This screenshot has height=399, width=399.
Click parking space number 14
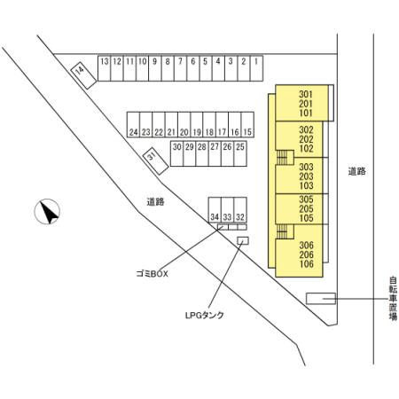point(83,75)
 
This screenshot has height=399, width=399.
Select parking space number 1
point(256,68)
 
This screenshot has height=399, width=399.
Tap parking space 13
point(104,68)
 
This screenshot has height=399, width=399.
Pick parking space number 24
point(133,124)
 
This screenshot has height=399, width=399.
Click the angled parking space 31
point(155,160)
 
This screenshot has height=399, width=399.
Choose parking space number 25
point(240,153)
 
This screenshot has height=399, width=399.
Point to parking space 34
point(215,209)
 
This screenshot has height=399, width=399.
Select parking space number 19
point(197,124)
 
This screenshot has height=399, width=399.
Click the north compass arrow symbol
point(47,211)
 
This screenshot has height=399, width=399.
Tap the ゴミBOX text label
point(152,274)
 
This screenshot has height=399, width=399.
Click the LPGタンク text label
point(205,316)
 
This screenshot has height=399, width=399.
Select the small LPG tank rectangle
point(243,240)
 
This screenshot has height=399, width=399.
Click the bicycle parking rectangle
point(321,299)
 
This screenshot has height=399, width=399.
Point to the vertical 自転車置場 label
point(393,299)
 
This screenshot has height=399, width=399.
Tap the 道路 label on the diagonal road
point(155,202)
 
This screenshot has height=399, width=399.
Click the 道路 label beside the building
point(356,171)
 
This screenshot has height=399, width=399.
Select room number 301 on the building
point(306,94)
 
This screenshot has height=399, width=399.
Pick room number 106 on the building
point(306,263)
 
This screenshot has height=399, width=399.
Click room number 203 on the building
point(306,176)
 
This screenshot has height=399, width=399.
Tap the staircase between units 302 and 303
point(285,157)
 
